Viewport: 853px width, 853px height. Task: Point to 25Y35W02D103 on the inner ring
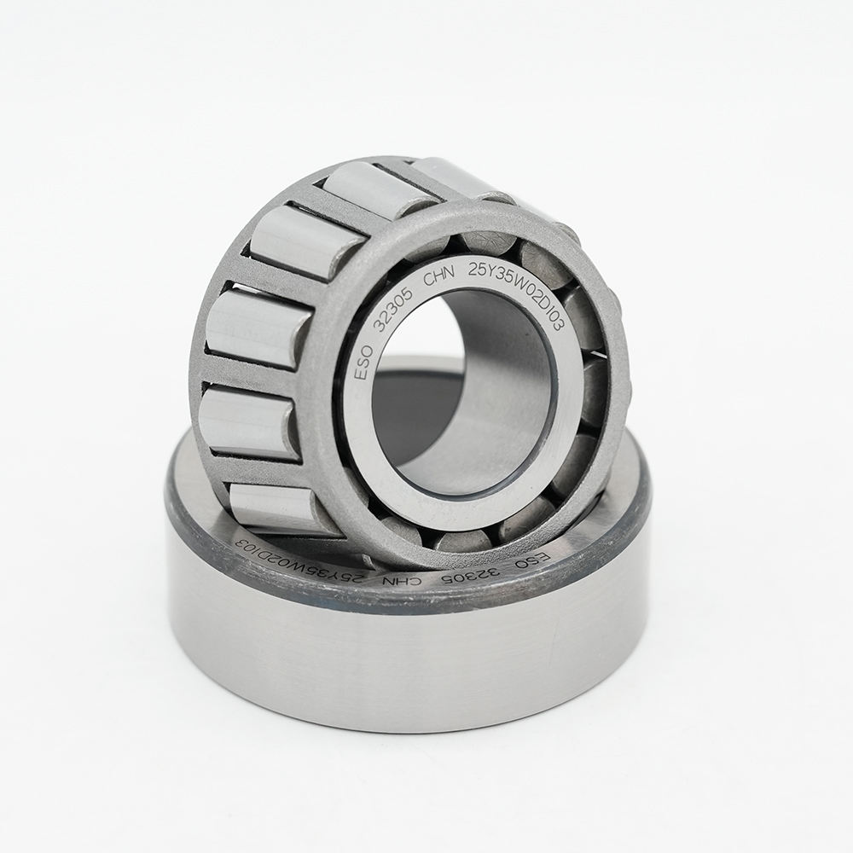(x=522, y=290)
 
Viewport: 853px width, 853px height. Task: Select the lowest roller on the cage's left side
(x=273, y=508)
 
